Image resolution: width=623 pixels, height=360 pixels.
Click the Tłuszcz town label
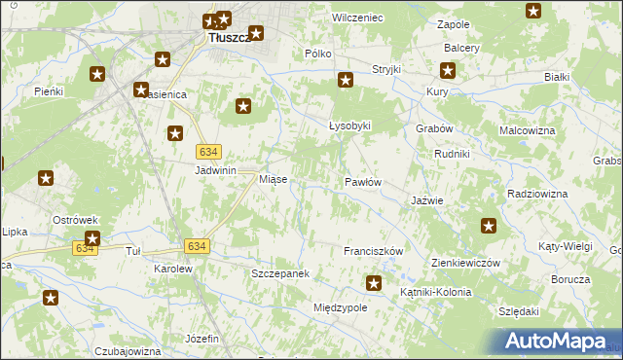[230, 38]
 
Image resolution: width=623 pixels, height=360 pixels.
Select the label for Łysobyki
[349, 126]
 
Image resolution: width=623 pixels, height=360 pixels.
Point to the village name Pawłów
[362, 182]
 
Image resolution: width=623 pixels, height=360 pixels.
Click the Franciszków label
[373, 251]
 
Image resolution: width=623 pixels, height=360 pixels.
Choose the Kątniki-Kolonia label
[435, 292]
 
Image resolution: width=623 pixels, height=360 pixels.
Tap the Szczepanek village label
[280, 274]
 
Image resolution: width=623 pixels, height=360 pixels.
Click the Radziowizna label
[537, 195]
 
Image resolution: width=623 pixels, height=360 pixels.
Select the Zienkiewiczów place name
[465, 264]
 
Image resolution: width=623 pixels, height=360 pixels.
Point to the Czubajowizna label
[128, 350]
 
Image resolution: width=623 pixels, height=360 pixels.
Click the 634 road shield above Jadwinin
[208, 152]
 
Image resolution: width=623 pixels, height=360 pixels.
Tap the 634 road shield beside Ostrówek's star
[84, 249]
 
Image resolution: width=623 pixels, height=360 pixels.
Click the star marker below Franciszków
[373, 283]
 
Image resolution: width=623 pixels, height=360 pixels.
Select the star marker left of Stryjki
[345, 80]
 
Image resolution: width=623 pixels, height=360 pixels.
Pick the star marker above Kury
[447, 70]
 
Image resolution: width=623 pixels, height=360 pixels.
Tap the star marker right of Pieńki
[97, 74]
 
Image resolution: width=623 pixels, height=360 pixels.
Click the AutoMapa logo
[559, 342]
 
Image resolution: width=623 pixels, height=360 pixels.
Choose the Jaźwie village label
[427, 200]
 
